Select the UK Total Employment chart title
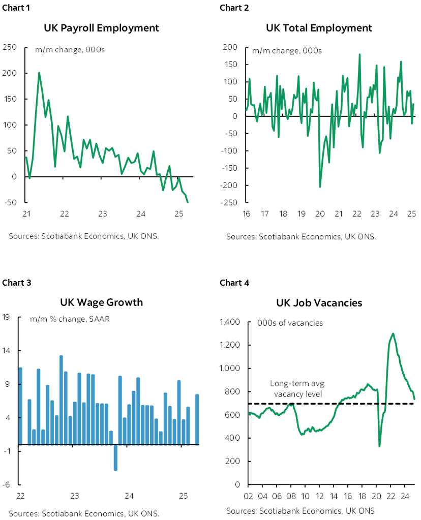pyautogui.click(x=319, y=27)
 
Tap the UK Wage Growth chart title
pyautogui.click(x=101, y=302)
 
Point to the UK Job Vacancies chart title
pyautogui.click(x=319, y=302)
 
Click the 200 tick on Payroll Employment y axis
pyautogui.click(x=9, y=73)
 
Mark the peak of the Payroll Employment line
pyautogui.click(x=39, y=73)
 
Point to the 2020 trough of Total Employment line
pyautogui.click(x=320, y=187)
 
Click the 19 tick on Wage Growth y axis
pyautogui.click(x=7, y=318)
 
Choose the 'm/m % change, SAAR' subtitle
pyautogui.click(x=70, y=319)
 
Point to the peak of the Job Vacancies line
pyautogui.click(x=393, y=333)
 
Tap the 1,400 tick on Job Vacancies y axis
pyautogui.click(x=229, y=322)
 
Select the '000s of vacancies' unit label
pyautogui.click(x=290, y=323)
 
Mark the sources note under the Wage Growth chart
pyautogui.click(x=83, y=512)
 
